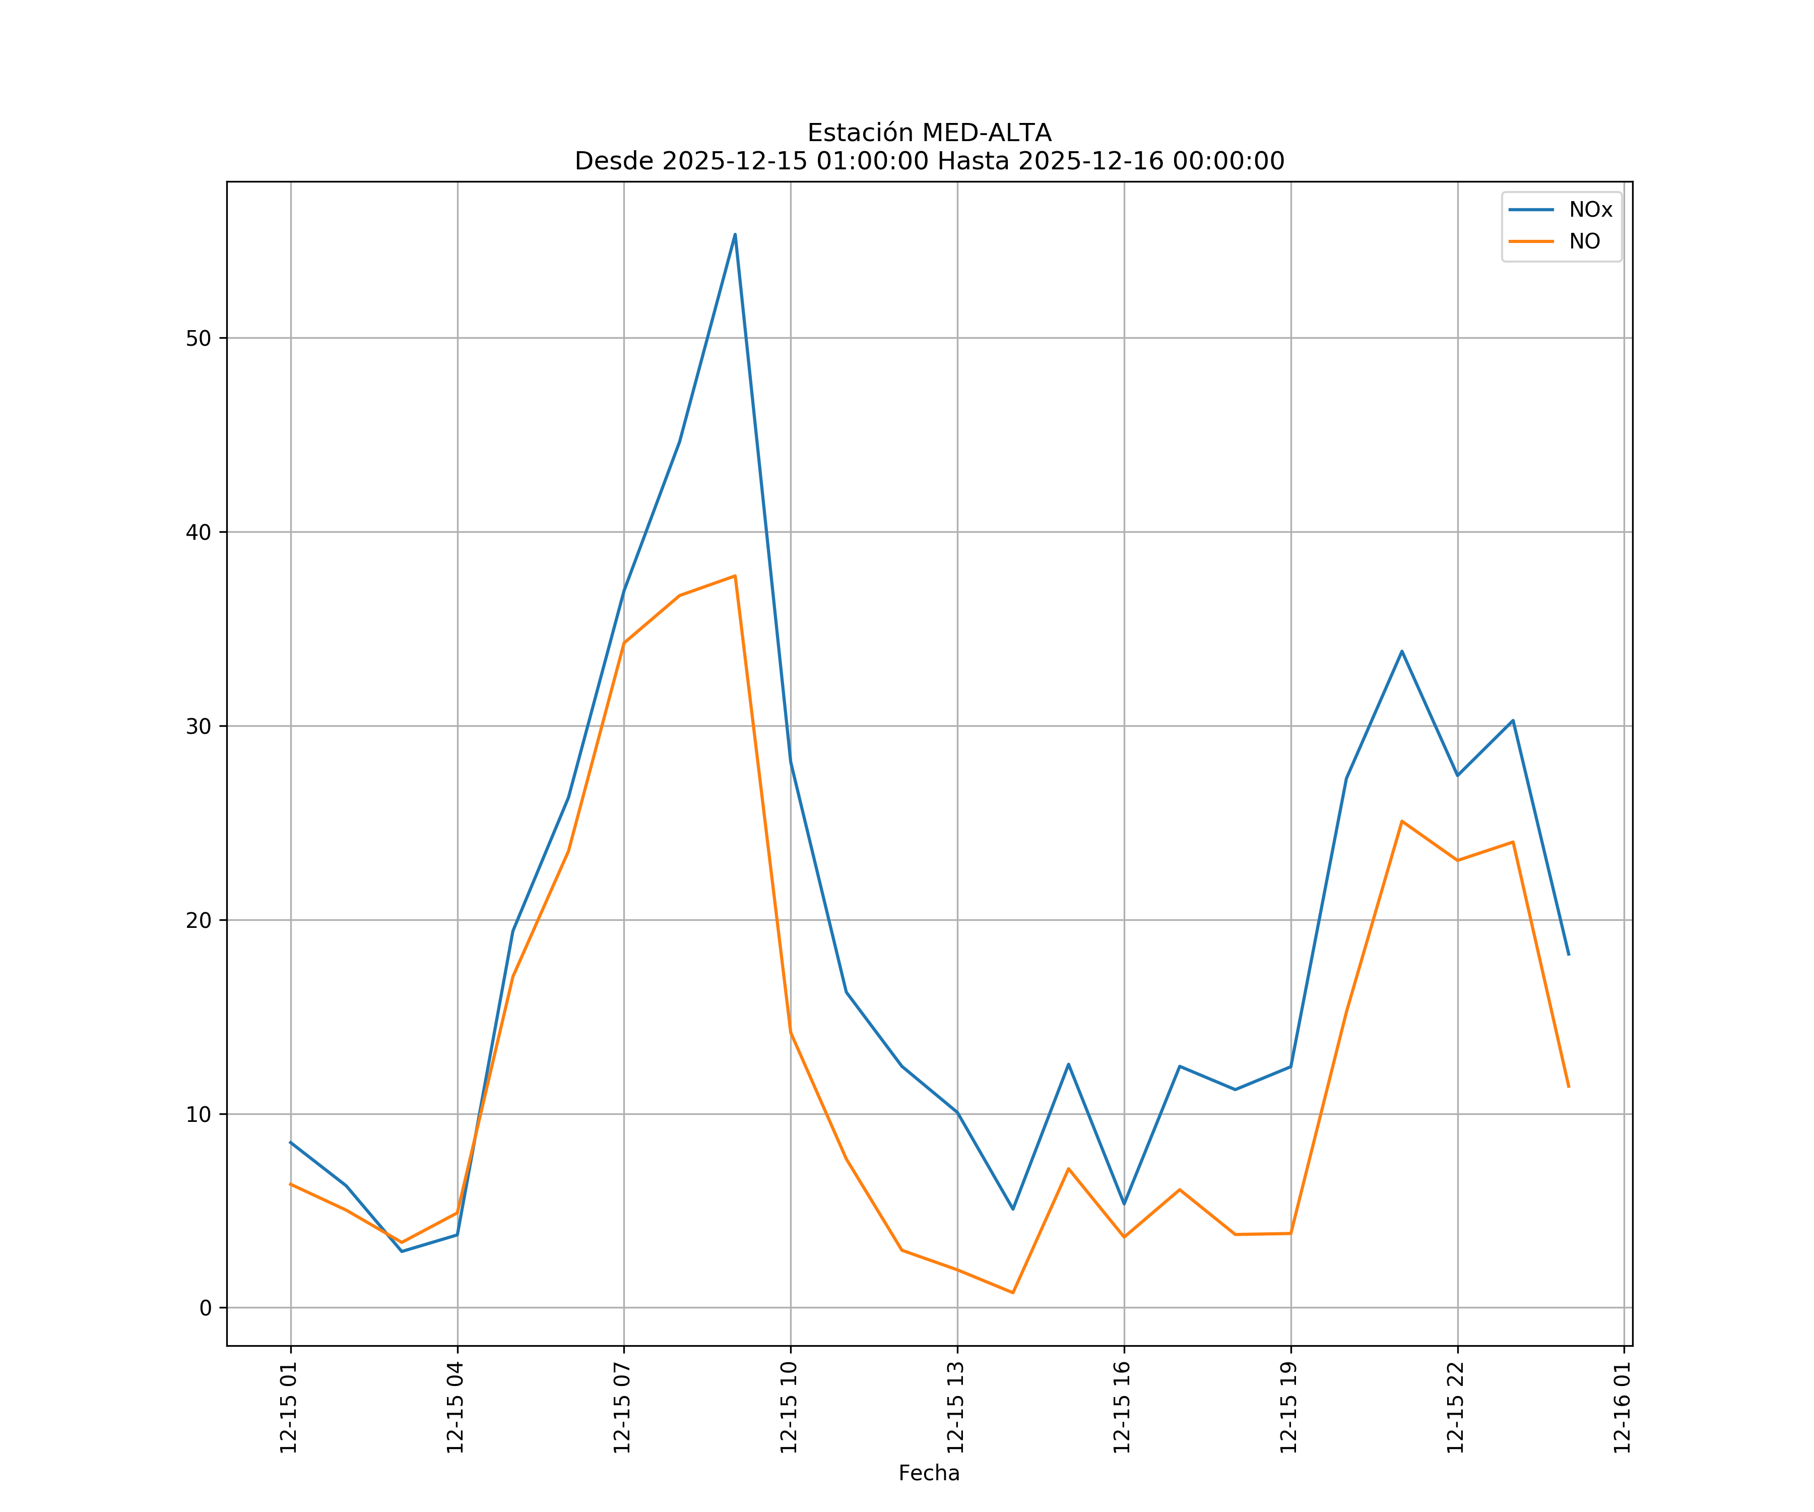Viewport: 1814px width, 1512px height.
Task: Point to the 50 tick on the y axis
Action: (x=199, y=338)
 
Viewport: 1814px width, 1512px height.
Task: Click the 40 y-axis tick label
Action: (x=199, y=532)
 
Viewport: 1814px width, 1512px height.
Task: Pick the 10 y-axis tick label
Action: (x=199, y=1114)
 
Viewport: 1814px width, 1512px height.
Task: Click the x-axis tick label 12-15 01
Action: (x=289, y=1408)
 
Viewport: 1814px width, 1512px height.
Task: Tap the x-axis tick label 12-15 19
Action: (x=1289, y=1408)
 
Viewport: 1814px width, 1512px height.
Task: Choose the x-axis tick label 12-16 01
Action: (x=1623, y=1408)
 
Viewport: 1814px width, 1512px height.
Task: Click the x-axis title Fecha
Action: (x=929, y=1473)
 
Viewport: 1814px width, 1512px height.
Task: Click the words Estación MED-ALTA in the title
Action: (x=929, y=133)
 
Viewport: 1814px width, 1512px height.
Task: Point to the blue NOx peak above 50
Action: (x=735, y=234)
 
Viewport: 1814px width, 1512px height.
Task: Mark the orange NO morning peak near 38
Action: (x=735, y=576)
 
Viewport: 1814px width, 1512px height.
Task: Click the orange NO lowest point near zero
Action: (x=1012, y=1293)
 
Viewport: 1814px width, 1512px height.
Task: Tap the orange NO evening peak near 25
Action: (x=1402, y=821)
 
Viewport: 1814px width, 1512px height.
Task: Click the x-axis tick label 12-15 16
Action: (x=1123, y=1408)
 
